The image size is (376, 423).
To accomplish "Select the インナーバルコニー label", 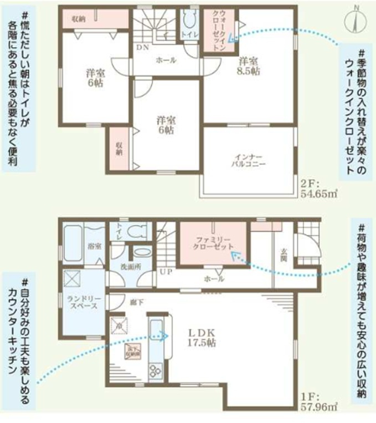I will click(249, 161).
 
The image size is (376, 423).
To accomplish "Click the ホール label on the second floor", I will click(166, 60).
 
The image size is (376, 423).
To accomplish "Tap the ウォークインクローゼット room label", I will click(217, 32).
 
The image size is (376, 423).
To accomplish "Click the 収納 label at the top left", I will click(78, 19).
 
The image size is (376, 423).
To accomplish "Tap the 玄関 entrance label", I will click(283, 255).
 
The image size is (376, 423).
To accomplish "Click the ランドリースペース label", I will click(83, 302).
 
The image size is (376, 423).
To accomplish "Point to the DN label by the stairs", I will click(142, 47).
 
